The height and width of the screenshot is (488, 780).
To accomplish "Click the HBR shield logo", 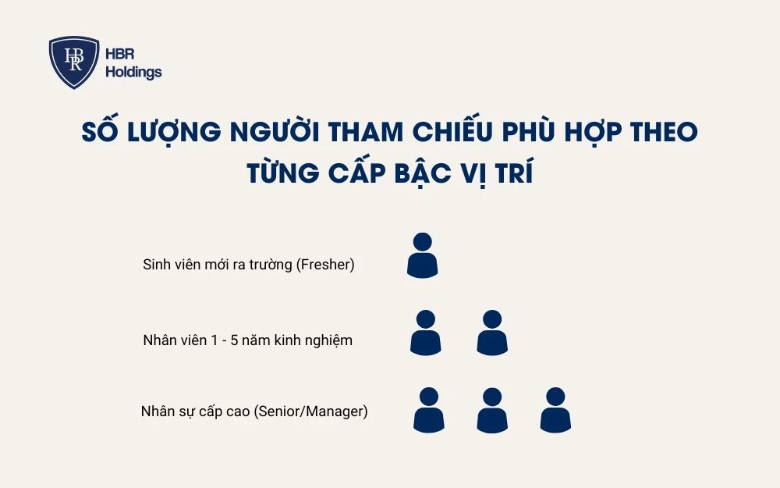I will tap(74, 62).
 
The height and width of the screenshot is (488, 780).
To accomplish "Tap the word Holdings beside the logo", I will tap(133, 73).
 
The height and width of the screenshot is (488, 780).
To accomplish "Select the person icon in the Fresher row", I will tap(423, 255).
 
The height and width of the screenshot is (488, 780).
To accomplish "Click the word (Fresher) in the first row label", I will tap(326, 265).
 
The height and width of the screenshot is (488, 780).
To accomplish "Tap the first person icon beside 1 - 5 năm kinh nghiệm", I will tap(426, 333).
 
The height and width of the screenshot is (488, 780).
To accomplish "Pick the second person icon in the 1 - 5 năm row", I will tap(492, 333).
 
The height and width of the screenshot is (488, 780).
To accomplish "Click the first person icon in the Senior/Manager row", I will tap(428, 410).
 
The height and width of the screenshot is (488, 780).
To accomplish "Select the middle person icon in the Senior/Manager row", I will tap(492, 410).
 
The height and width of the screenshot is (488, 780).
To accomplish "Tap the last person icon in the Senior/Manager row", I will tap(555, 410).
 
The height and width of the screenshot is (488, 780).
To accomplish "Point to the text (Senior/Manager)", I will tap(311, 411).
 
